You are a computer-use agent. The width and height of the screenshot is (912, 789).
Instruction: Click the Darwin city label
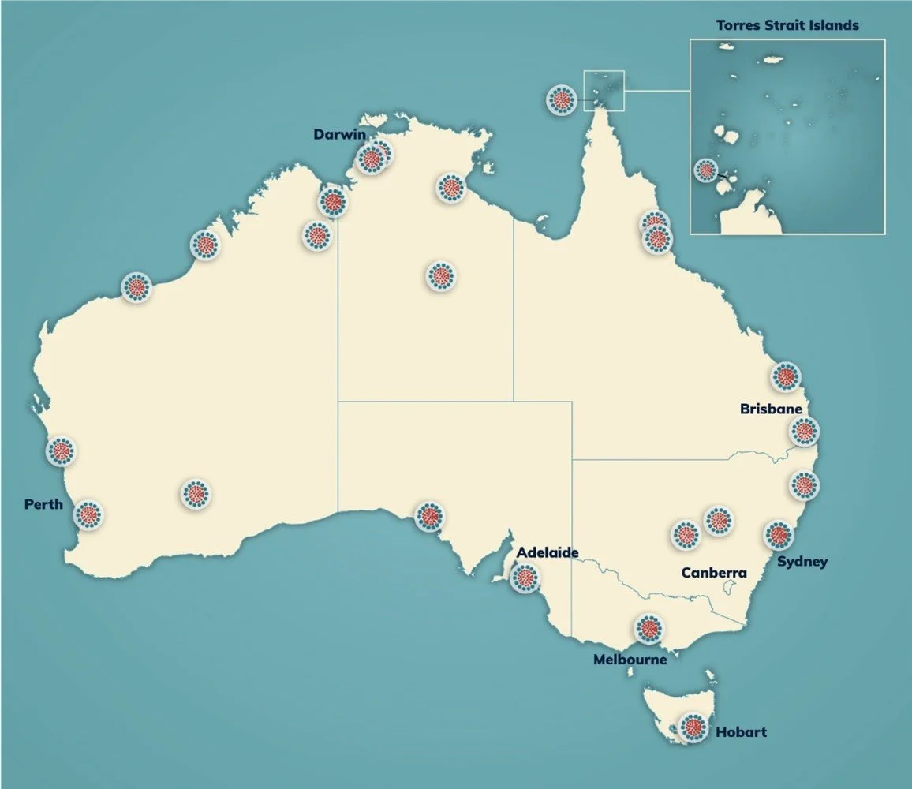click(x=339, y=134)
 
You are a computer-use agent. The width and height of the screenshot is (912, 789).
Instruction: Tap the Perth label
click(x=43, y=504)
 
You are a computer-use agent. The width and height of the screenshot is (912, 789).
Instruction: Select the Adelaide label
click(x=548, y=552)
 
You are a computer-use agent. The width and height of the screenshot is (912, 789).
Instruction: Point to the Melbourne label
click(x=630, y=659)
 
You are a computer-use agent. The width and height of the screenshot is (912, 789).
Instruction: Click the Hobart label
click(x=741, y=732)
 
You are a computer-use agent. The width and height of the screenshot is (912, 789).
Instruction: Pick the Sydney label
click(x=802, y=562)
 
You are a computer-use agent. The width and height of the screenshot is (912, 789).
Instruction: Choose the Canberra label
click(x=713, y=573)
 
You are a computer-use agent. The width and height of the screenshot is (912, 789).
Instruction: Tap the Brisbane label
click(x=771, y=409)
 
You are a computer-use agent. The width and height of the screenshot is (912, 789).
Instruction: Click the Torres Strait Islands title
click(x=787, y=25)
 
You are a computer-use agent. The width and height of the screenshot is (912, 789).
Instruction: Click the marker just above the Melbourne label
click(x=648, y=629)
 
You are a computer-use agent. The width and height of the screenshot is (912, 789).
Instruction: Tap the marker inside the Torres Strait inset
click(x=705, y=170)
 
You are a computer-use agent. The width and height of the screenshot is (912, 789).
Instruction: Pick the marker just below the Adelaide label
click(x=525, y=578)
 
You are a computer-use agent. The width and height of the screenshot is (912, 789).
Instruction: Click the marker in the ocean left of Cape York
click(x=562, y=99)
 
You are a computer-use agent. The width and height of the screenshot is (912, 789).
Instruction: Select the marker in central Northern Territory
click(x=441, y=276)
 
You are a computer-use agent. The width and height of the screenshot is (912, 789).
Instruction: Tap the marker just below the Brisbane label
click(x=804, y=432)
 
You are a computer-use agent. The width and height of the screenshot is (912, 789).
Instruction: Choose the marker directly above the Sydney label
click(x=779, y=535)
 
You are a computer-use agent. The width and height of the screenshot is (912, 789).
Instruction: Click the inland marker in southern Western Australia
click(x=196, y=495)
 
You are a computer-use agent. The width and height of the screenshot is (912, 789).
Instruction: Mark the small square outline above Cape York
click(x=604, y=91)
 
